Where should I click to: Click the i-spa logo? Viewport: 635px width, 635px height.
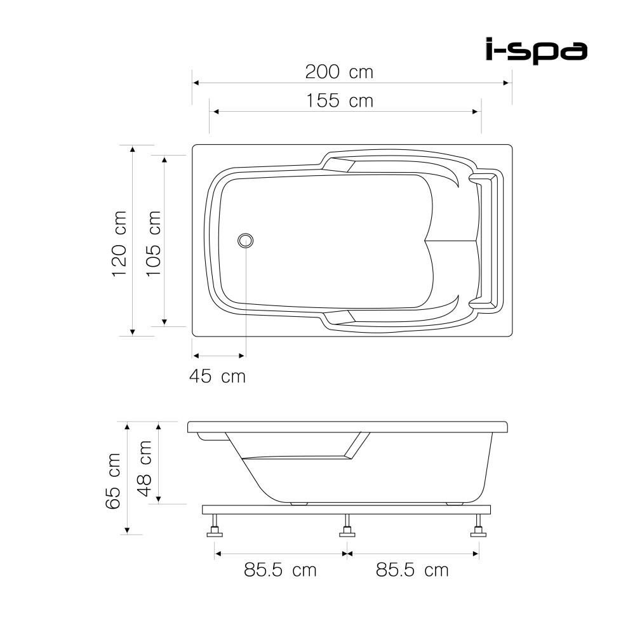tap(536, 51)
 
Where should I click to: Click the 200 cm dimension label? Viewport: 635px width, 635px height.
tap(339, 72)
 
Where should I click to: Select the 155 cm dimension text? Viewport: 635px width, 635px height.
tap(339, 100)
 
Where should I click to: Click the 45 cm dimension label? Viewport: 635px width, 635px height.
tap(217, 377)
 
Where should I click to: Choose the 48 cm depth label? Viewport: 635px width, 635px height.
tap(145, 469)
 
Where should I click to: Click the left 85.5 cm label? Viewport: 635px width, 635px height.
tap(280, 570)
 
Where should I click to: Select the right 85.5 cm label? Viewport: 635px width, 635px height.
tap(412, 570)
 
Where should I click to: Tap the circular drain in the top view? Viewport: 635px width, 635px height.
tap(246, 240)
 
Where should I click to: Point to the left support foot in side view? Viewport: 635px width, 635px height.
tap(215, 527)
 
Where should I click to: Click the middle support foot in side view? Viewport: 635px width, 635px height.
tap(347, 527)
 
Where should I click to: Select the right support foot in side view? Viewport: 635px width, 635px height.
tap(478, 527)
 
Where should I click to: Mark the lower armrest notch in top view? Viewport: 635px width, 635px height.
tap(340, 317)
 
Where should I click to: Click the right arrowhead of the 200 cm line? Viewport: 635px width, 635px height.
tap(507, 83)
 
